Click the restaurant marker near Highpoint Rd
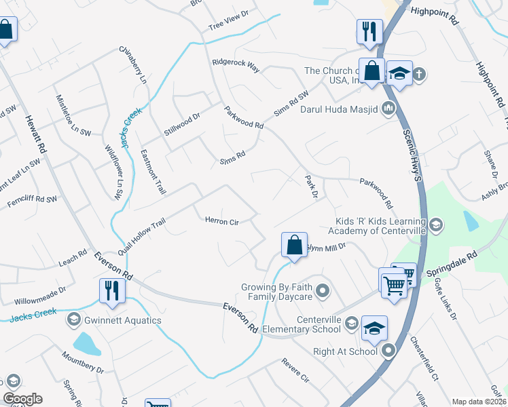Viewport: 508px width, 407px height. pos(369,31)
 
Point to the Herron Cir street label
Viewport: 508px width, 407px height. pos(222,221)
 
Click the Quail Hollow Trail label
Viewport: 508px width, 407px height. pos(141,233)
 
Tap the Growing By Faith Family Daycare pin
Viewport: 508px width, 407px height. pos(323,292)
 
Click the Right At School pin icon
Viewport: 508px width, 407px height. pos(388,351)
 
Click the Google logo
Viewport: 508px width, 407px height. pos(22,399)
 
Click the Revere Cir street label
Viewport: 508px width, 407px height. pos(295,369)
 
